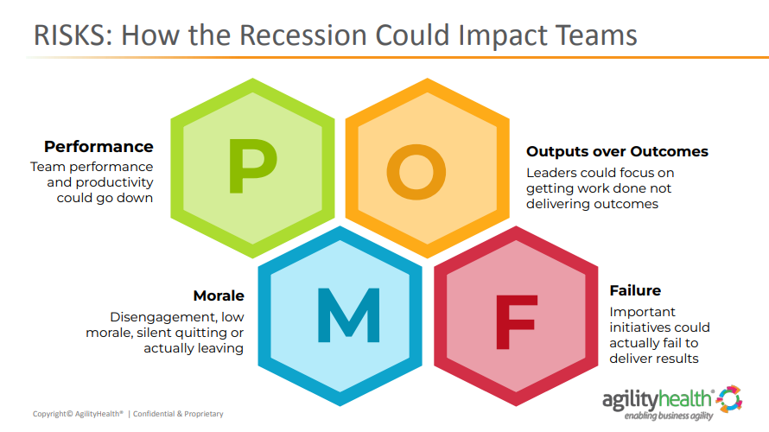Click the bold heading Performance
[99, 147]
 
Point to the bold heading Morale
[219, 295]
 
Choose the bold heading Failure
[635, 291]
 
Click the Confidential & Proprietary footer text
[178, 414]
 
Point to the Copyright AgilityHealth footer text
[79, 414]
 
